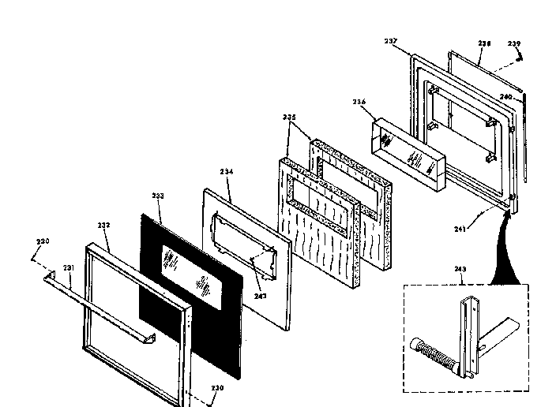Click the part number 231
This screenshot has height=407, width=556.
69,267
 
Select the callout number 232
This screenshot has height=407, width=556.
104,225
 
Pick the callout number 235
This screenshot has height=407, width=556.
289,118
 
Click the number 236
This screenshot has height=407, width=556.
359,101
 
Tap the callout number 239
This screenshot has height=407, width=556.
514,43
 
